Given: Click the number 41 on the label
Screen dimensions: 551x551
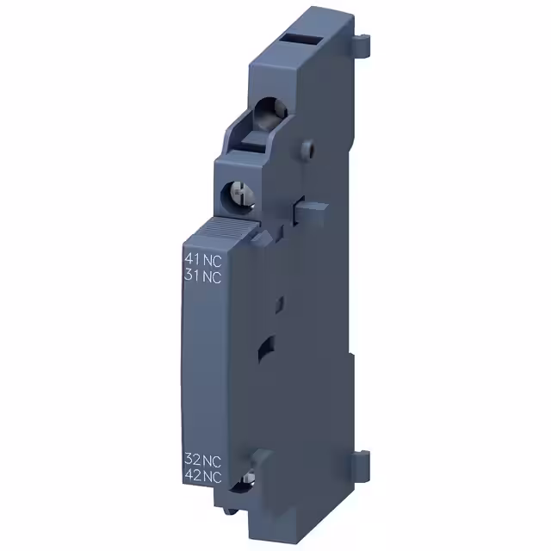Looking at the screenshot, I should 192,259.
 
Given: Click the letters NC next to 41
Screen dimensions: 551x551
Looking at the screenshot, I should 212,259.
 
